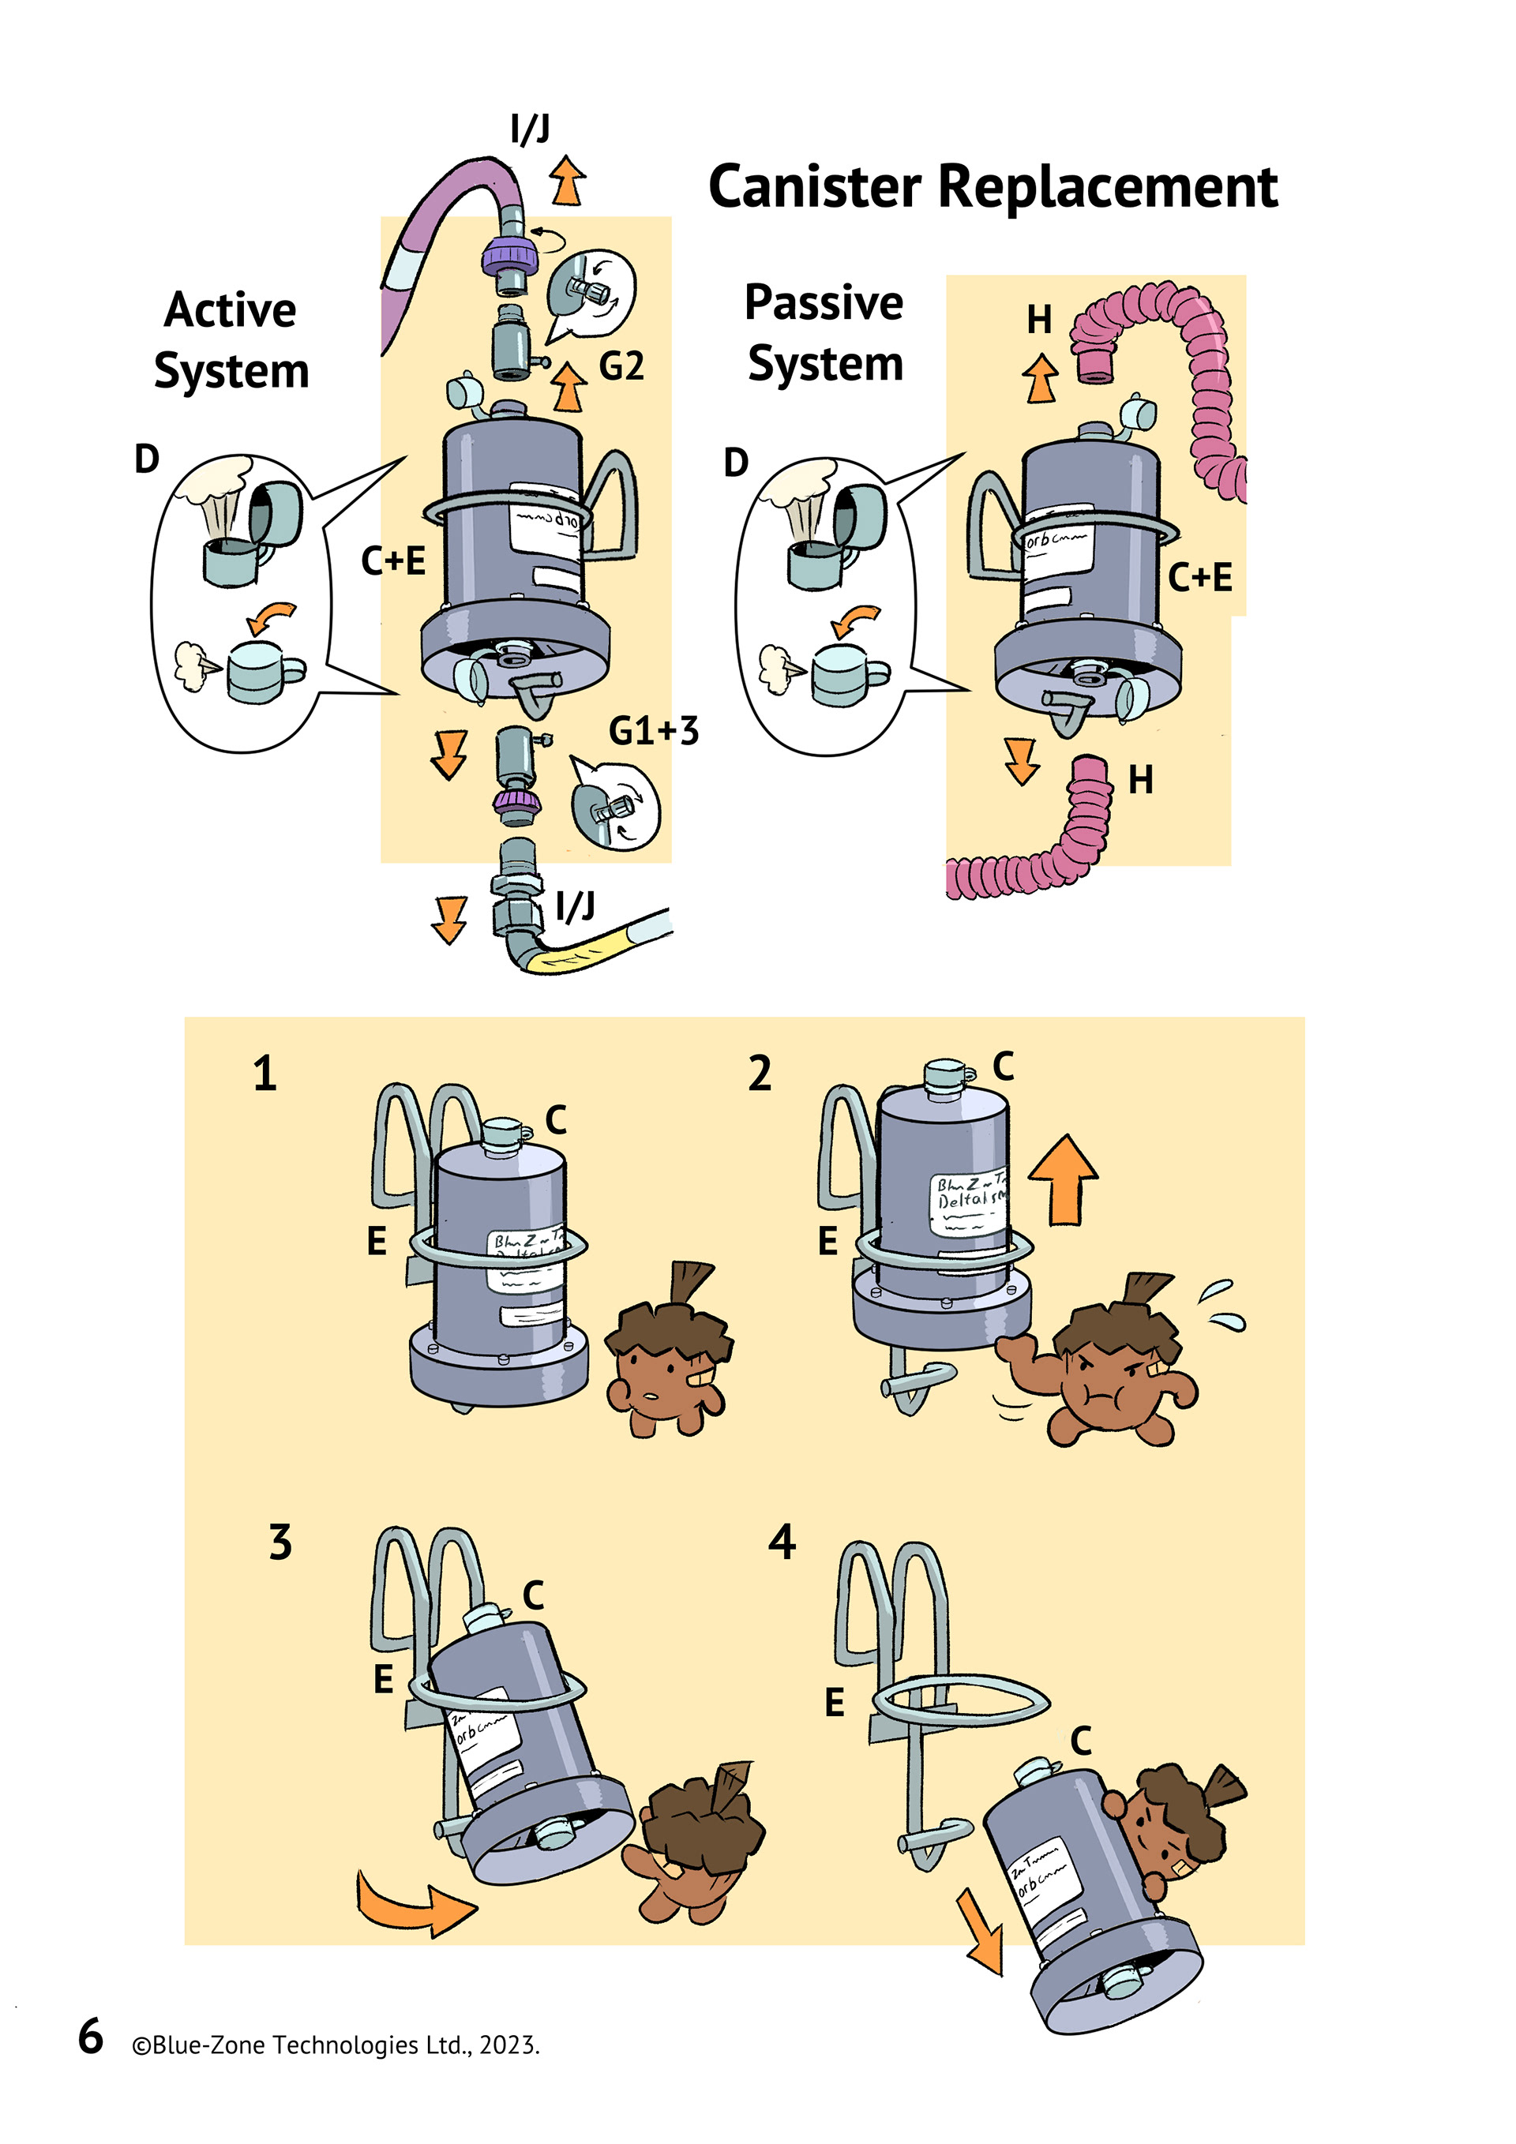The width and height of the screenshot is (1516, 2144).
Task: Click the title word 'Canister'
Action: (815, 188)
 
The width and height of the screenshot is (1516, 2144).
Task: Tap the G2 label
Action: (621, 366)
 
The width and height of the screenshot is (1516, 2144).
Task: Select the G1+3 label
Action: (653, 731)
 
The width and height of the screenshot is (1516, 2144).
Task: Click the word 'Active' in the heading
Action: (230, 310)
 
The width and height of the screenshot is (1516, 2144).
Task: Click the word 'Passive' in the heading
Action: (823, 302)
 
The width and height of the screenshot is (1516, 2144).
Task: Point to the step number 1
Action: (265, 1074)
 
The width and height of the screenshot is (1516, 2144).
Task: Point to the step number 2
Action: (760, 1074)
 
